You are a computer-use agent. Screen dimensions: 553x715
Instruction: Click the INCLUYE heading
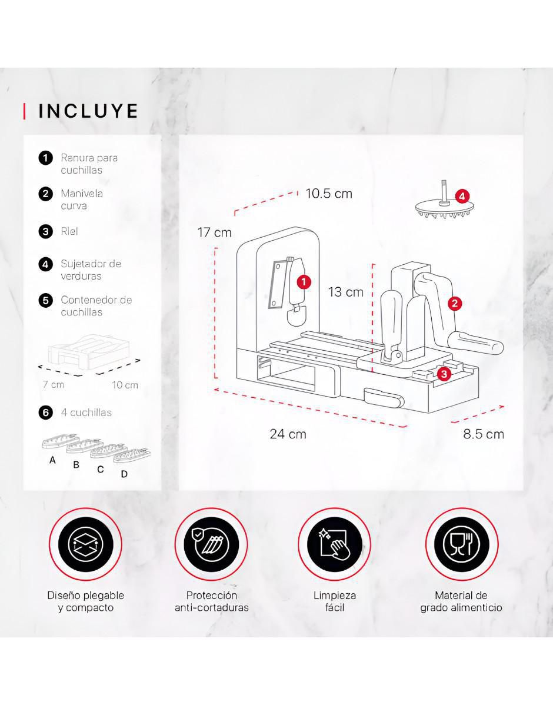[x=88, y=111]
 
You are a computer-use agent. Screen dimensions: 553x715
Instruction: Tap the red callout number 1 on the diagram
[x=304, y=282]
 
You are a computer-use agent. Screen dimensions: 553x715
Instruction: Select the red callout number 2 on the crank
[x=455, y=303]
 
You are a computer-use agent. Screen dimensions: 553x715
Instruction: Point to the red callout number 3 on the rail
[x=444, y=374]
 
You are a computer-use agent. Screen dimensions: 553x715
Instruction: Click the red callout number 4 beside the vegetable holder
[x=462, y=197]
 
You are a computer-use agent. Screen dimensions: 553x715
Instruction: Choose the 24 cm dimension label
[x=288, y=434]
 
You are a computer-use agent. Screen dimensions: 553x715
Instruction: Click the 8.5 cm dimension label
[x=484, y=434]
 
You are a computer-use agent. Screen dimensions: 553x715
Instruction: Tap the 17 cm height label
[x=214, y=232]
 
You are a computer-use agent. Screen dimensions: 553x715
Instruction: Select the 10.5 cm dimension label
[x=329, y=194]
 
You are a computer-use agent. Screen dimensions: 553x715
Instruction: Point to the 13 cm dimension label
[x=346, y=292]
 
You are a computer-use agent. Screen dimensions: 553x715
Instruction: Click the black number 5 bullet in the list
[x=45, y=300]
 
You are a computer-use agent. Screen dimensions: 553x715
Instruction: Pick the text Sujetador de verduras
[x=91, y=270]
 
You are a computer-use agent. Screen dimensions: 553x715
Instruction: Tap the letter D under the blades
[x=124, y=474]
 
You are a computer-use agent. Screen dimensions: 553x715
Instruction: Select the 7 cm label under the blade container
[x=54, y=384]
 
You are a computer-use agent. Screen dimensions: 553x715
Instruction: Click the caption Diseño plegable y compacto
[x=86, y=601]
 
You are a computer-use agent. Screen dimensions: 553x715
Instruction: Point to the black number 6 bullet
[x=45, y=413]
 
